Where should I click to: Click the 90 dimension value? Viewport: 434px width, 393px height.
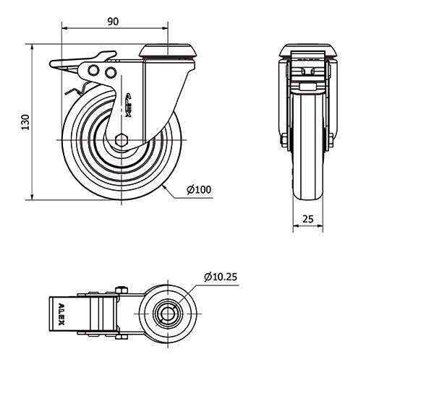113,21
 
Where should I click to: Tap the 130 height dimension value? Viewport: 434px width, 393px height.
25,122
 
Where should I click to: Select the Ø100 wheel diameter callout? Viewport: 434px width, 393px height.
199,189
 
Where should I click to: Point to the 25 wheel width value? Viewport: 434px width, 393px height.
308,219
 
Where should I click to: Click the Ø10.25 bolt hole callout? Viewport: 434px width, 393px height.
221,277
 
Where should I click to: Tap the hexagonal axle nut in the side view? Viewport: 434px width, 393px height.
122,139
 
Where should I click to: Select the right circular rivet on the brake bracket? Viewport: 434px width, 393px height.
111,72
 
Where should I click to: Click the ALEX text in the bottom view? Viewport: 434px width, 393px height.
61,314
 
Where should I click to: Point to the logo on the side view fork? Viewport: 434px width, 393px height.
129,105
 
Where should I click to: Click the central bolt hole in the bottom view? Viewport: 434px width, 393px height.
168,314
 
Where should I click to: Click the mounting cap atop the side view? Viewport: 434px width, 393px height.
169,51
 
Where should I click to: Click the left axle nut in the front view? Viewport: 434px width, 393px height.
284,140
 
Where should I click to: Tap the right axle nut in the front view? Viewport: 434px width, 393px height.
331,140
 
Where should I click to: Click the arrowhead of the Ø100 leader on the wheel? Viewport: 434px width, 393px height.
164,187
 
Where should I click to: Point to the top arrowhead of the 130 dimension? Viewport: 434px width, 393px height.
33,47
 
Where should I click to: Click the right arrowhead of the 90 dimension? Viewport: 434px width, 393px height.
165,28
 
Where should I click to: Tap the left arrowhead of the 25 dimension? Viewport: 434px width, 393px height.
296,226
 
